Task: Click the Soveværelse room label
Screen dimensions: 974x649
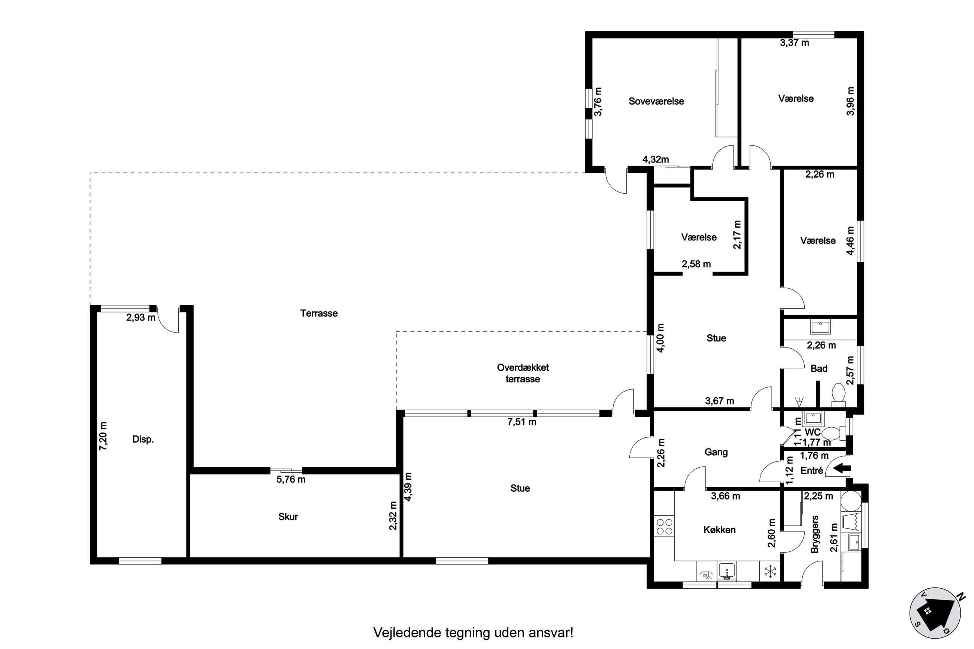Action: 656,101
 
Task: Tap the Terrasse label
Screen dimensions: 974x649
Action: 319,313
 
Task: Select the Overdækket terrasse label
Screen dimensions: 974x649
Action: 523,373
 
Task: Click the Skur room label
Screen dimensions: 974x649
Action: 288,516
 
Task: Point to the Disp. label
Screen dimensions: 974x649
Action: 143,440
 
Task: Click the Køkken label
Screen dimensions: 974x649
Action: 719,530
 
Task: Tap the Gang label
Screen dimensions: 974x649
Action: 716,452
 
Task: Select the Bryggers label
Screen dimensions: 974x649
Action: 815,534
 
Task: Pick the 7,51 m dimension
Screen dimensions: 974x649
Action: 521,422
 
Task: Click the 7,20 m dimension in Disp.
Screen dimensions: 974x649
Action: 103,436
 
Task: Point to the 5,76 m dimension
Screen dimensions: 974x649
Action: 291,479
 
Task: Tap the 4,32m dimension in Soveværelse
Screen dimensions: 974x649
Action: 655,160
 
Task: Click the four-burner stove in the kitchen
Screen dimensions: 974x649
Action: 664,527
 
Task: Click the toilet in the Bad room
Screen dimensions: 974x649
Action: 838,393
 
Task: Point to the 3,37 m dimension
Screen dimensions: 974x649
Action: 794,43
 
